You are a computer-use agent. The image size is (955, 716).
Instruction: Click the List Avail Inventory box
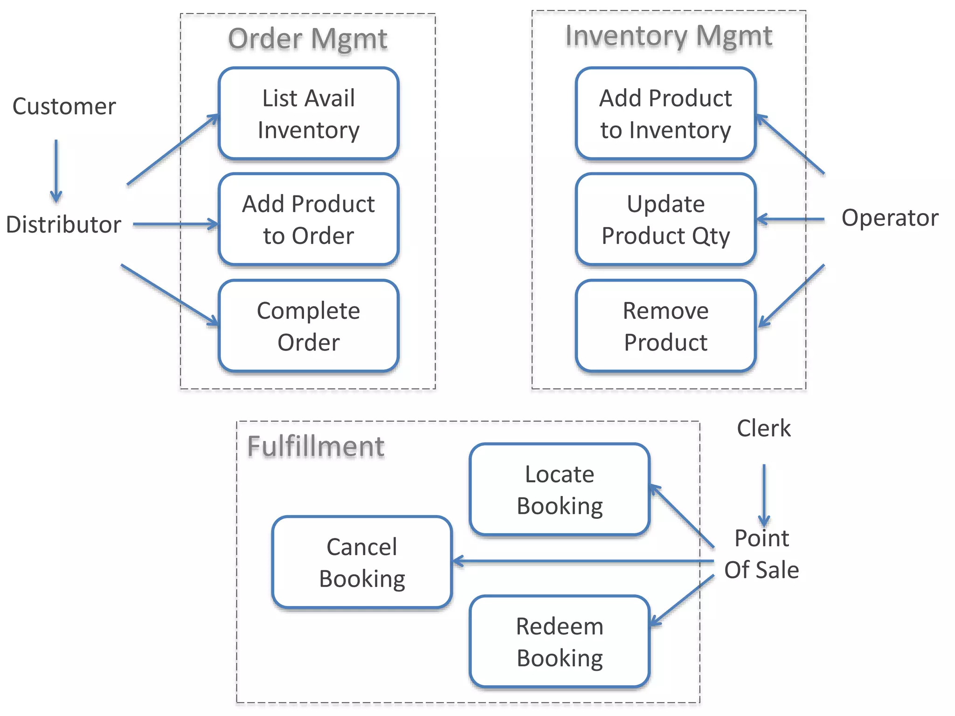(308, 114)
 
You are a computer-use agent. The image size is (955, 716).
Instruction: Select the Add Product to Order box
(308, 220)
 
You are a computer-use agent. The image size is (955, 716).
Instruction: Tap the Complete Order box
(308, 326)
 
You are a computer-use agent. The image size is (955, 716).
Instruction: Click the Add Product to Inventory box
(665, 114)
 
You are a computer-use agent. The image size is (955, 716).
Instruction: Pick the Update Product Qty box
(665, 220)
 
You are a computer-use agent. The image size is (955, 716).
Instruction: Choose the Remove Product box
(665, 326)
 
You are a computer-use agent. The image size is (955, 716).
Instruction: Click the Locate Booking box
(560, 489)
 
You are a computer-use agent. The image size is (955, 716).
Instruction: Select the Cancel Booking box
(362, 562)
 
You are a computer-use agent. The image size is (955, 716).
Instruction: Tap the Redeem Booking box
(560, 641)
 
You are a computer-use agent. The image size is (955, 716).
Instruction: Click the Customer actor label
(64, 106)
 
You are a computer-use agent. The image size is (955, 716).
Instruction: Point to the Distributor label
(63, 224)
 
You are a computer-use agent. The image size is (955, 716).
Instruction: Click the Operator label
(890, 218)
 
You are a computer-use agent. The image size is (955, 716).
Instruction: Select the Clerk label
(764, 428)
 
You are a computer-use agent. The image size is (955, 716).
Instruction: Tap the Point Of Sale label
(761, 554)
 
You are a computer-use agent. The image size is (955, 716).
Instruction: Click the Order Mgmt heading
(308, 38)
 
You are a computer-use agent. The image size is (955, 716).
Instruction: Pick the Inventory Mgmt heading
(669, 35)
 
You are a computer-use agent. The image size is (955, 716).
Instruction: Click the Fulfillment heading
(316, 446)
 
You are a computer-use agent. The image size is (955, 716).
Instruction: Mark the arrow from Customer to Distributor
(56, 171)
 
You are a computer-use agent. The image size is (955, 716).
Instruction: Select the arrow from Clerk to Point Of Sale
(764, 495)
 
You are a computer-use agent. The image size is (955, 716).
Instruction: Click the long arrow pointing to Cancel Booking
(583, 562)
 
